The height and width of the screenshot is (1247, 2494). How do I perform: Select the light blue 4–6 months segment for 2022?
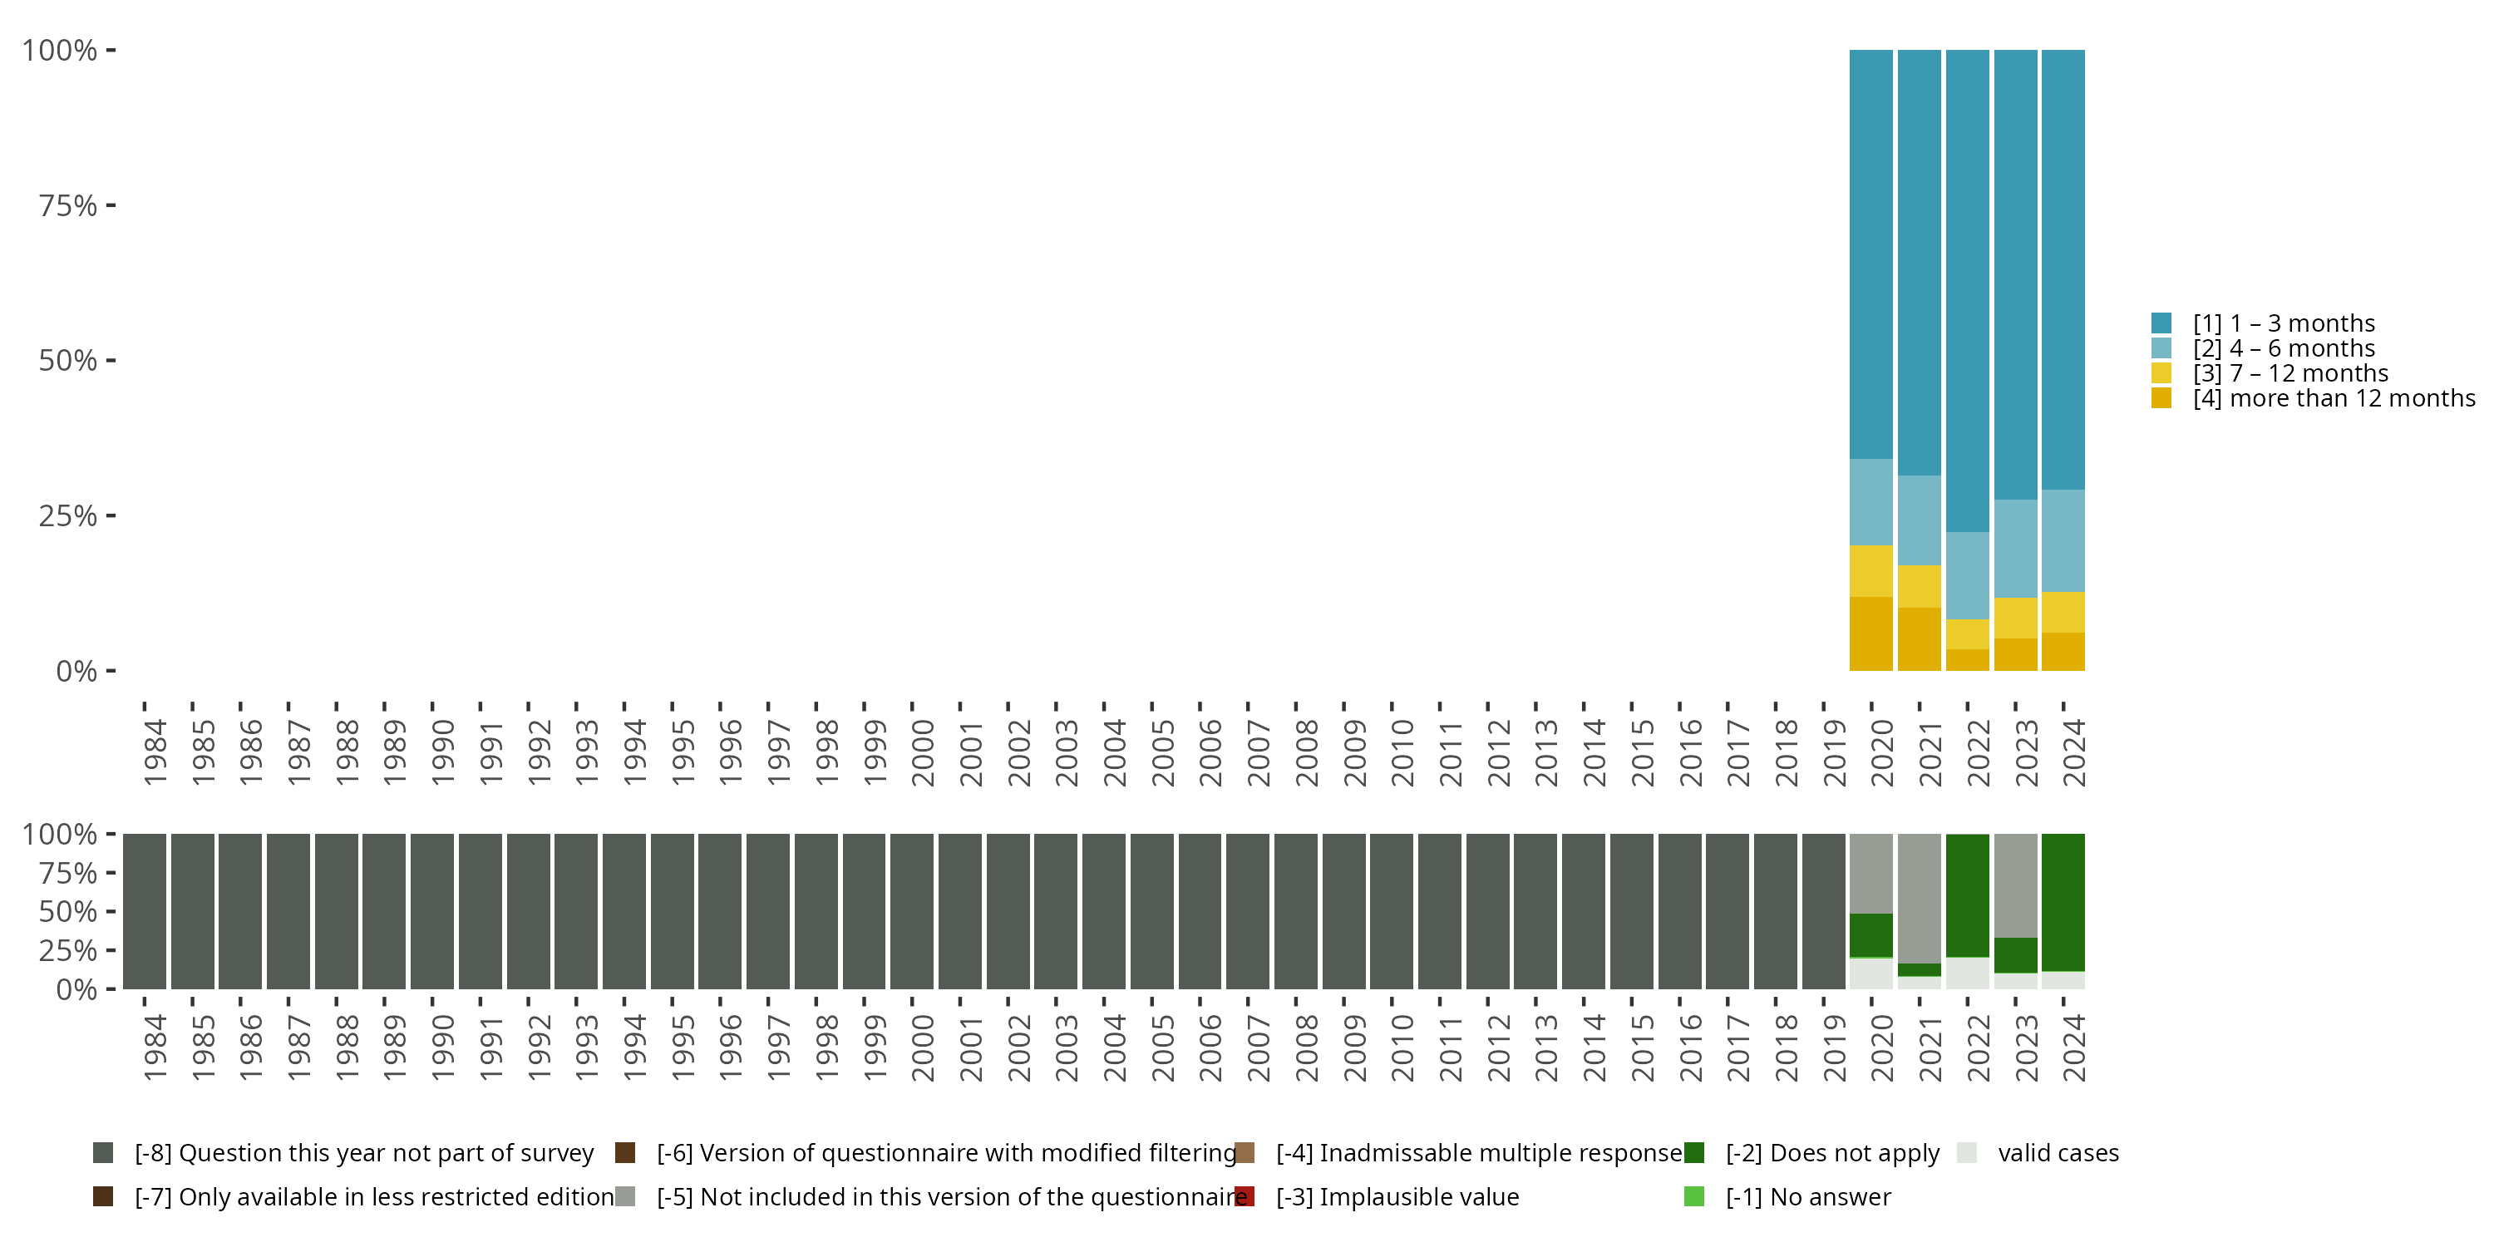coord(1967,575)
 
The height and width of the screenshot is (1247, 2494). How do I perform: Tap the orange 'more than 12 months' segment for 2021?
coord(1919,639)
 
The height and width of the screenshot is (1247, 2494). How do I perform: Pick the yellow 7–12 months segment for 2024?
coord(2063,612)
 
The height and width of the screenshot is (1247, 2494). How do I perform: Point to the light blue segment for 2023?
coord(2016,548)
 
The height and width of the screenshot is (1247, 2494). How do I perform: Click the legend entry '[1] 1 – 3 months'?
coord(2283,323)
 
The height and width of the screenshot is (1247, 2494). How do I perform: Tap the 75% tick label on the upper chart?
coord(68,205)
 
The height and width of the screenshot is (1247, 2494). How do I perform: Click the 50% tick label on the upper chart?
coord(68,360)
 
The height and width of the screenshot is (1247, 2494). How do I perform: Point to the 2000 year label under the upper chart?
coord(923,752)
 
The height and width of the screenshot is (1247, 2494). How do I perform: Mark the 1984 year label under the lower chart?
coord(155,1047)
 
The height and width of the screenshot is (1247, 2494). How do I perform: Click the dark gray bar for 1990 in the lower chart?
coord(431,911)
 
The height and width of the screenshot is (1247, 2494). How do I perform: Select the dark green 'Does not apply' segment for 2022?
coord(1967,895)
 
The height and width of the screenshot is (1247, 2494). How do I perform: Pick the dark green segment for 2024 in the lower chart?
coord(2063,901)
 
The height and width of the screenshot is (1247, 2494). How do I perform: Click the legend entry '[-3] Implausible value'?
coord(1397,1196)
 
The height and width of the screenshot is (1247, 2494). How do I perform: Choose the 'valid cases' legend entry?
coord(2058,1153)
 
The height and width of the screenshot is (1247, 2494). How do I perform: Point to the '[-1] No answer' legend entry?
coord(1807,1196)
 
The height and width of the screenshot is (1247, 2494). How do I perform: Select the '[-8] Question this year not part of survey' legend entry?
coord(363,1153)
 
